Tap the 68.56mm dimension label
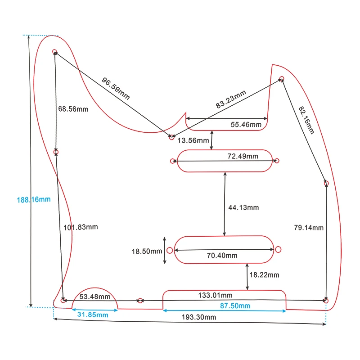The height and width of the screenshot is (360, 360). coord(73,109)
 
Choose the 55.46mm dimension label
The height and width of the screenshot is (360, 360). coord(246,124)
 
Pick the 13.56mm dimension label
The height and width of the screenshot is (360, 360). coord(193,141)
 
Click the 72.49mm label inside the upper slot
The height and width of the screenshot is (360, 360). coord(243,156)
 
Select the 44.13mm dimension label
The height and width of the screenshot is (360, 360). coord(244,207)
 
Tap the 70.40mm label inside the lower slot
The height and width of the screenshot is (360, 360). coord(222,255)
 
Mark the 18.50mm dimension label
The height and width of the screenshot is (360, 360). coord(147,252)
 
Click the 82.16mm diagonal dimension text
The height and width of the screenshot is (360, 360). coord(306,120)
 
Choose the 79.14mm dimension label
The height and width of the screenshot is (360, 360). coord(309,228)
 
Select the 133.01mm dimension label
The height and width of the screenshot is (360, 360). coord(215,295)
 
